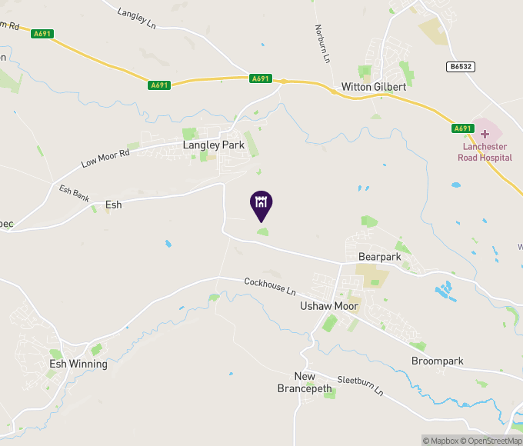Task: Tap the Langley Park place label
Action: pos(213,145)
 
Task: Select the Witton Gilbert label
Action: pos(373,87)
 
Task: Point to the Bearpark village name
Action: pos(380,256)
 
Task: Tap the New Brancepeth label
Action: pos(305,382)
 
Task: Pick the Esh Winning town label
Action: pos(78,364)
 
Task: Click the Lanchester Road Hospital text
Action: pos(487,152)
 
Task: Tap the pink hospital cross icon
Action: pos(485,134)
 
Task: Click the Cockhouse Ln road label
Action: pos(270,287)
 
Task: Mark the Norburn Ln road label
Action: pos(321,44)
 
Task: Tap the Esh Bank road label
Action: pos(75,192)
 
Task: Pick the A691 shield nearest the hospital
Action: pos(461,128)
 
